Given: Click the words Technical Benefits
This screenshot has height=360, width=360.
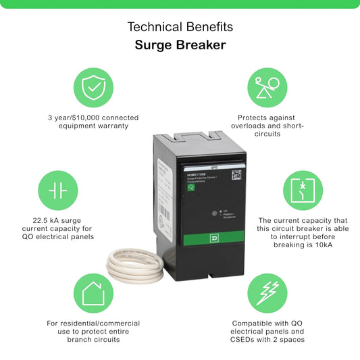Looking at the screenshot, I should coord(180,27).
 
